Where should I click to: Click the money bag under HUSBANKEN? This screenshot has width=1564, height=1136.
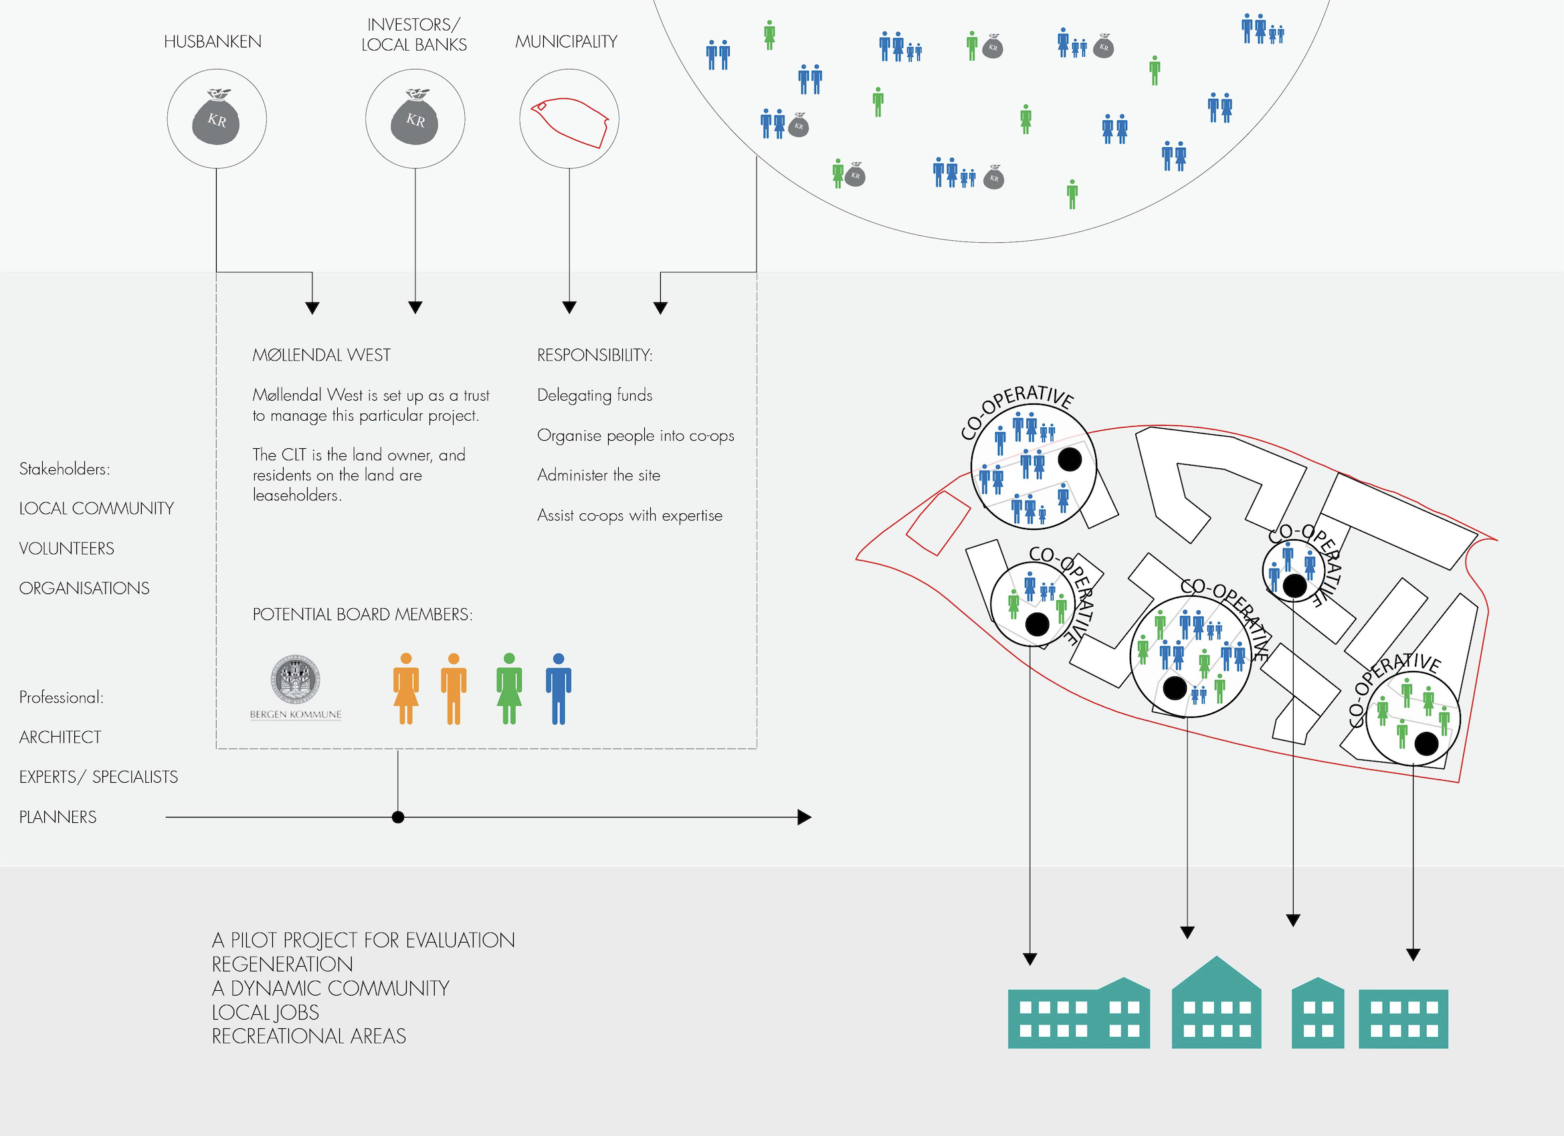(216, 118)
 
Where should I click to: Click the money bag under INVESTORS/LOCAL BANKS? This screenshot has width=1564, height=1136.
(415, 118)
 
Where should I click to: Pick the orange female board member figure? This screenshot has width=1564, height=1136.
(405, 688)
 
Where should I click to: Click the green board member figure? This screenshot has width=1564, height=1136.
(509, 688)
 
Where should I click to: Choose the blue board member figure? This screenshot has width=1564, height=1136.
(559, 688)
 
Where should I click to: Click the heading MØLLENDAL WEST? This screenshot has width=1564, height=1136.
(321, 355)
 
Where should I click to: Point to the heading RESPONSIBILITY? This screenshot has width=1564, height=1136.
(595, 355)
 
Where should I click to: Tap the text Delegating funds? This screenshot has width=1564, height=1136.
(595, 395)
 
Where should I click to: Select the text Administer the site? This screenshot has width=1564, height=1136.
(599, 475)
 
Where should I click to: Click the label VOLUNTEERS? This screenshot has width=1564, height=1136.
(67, 549)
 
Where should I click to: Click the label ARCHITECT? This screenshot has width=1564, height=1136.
(60, 737)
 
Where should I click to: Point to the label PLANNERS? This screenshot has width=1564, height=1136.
(58, 818)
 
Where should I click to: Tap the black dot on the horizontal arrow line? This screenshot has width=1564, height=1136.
(398, 818)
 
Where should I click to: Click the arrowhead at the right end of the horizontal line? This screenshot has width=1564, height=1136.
(804, 818)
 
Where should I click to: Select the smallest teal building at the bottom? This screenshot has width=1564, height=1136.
(1317, 1014)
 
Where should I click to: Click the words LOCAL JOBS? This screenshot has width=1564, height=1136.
(266, 1012)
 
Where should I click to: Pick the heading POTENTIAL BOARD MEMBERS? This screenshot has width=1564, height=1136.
(363, 615)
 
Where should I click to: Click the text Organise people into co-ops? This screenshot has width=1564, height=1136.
(635, 436)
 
